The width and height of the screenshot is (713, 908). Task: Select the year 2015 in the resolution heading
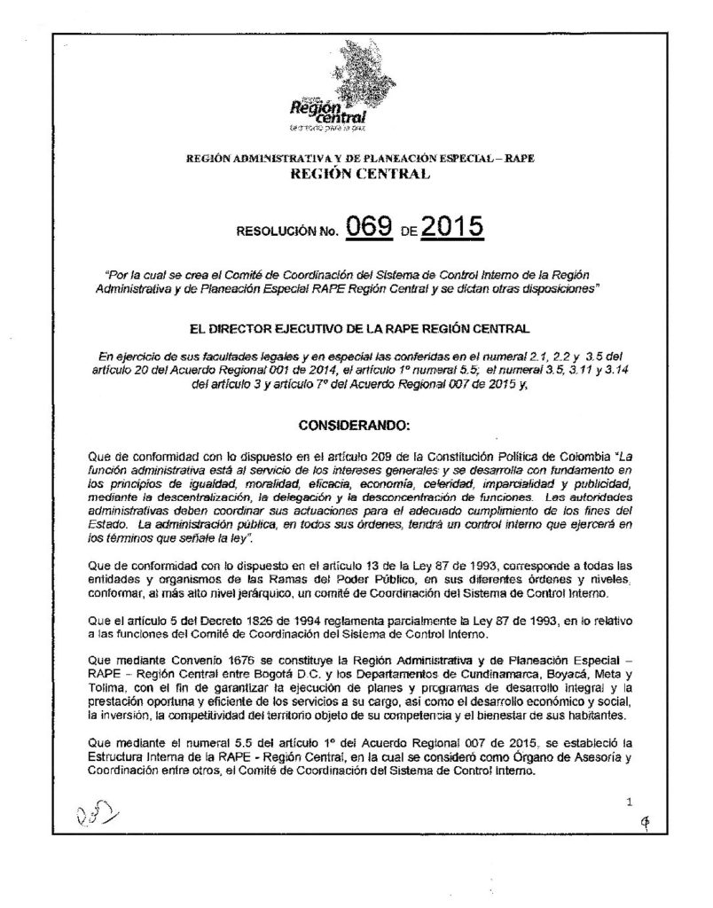[451, 229]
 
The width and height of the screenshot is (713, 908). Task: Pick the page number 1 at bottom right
[628, 803]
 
